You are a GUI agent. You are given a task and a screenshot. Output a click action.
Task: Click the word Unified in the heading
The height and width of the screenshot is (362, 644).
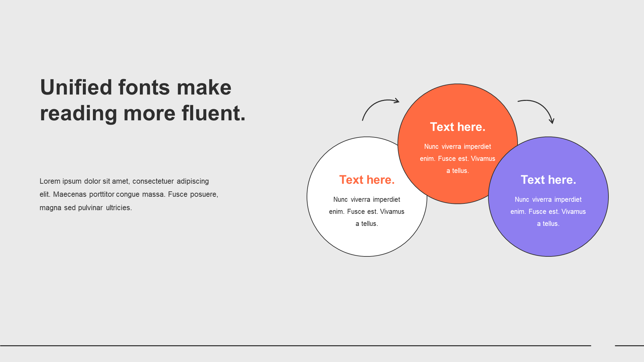76,87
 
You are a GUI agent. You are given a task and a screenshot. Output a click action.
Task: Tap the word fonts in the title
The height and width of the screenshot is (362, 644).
144,87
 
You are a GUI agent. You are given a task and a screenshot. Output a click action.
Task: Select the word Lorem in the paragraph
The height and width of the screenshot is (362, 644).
50,181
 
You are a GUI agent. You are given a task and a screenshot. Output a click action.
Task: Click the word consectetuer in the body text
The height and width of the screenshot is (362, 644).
153,181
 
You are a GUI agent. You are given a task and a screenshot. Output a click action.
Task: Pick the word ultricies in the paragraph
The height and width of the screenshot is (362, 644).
119,208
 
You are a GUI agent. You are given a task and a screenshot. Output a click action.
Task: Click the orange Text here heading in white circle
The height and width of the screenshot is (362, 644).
367,180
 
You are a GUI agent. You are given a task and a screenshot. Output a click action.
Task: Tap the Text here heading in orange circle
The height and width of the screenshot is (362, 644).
458,127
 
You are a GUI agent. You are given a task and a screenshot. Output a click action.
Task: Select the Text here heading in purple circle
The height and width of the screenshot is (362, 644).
548,180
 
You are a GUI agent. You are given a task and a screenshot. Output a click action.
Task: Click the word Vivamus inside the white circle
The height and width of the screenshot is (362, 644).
392,212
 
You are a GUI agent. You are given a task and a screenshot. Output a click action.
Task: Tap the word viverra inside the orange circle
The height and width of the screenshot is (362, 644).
451,147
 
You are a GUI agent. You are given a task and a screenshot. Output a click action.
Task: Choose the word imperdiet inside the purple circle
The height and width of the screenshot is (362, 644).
568,200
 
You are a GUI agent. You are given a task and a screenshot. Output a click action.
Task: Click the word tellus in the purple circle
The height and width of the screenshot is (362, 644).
551,224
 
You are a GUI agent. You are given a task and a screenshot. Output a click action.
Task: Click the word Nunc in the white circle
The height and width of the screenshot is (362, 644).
340,200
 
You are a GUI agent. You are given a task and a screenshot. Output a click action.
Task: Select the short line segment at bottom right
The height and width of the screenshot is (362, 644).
629,346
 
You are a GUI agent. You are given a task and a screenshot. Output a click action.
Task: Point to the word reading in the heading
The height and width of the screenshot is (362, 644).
78,113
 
